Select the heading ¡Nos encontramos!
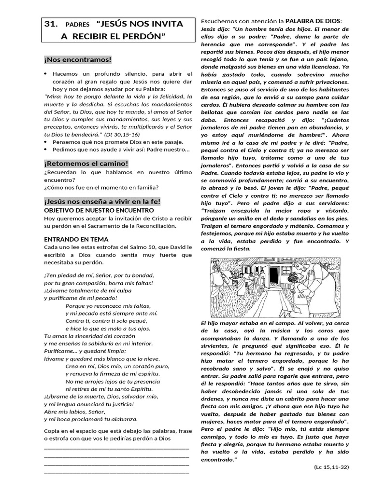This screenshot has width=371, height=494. point(78,59)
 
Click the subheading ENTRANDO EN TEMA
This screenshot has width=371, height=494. point(76,239)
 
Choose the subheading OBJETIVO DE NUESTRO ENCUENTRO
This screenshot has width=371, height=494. point(99,210)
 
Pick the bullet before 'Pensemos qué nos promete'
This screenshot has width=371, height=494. point(45,142)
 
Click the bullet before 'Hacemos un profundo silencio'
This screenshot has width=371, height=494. point(45,74)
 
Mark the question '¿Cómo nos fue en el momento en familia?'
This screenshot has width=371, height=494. point(101,187)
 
